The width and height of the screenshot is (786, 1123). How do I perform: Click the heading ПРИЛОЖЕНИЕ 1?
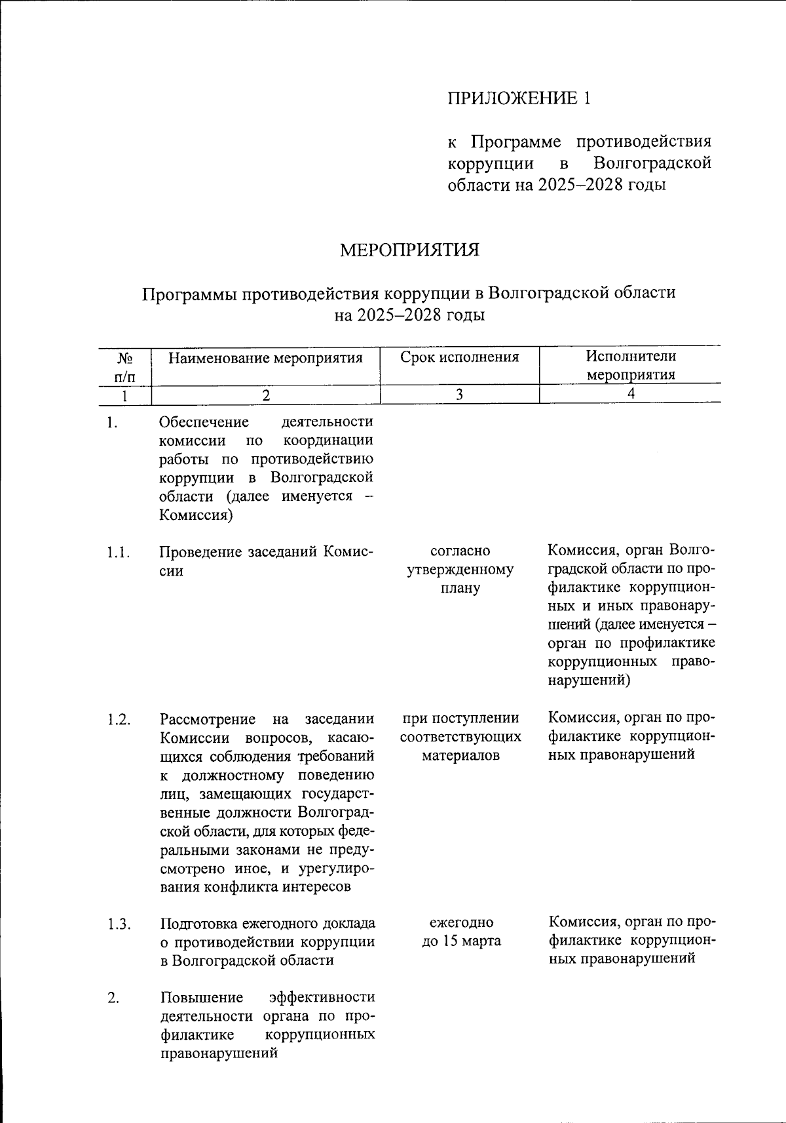(x=519, y=98)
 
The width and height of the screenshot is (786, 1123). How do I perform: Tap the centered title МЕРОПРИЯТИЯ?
(x=409, y=250)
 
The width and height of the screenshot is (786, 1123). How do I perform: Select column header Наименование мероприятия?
(x=265, y=358)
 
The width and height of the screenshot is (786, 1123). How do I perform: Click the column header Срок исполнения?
(x=460, y=357)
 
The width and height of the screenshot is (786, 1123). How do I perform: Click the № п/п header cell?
(x=124, y=366)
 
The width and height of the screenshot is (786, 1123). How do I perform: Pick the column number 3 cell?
(x=460, y=394)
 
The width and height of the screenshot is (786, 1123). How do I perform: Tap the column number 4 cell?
(x=631, y=394)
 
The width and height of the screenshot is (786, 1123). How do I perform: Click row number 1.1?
(x=119, y=553)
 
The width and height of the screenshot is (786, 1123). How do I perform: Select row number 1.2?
(x=119, y=720)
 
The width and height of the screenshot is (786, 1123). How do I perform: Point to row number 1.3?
(x=119, y=924)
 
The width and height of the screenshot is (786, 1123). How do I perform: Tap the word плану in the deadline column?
(x=460, y=588)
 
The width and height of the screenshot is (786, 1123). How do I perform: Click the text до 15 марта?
(x=461, y=941)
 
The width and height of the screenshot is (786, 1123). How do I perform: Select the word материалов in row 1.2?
(x=460, y=755)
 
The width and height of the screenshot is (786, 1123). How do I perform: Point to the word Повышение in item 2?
(x=202, y=998)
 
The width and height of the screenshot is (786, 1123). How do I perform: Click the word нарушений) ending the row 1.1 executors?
(x=588, y=680)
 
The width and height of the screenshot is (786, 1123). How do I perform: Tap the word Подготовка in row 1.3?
(x=201, y=924)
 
